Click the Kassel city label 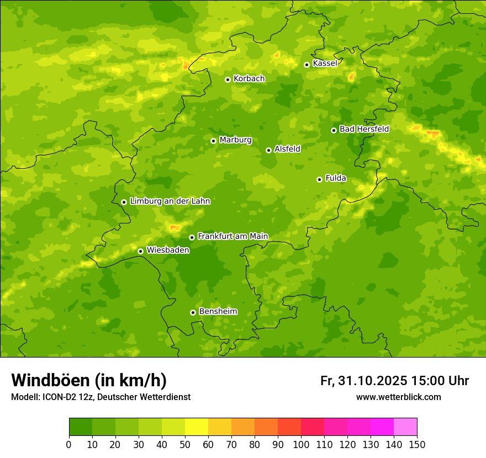click(325, 63)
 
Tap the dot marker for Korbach click(228, 79)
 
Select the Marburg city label click(235, 140)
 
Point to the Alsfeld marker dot click(268, 150)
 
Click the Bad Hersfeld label click(364, 129)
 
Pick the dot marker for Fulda click(319, 179)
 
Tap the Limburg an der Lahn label click(170, 201)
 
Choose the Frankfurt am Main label click(233, 236)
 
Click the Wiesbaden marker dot click(140, 251)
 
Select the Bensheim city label click(218, 311)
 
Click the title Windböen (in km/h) click(89, 381)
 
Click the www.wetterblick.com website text click(398, 397)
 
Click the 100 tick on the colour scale click(301, 444)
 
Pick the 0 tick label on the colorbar click(69, 444)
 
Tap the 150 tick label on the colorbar click(417, 444)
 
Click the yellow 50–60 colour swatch click(197, 427)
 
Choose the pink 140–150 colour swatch click(405, 427)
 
